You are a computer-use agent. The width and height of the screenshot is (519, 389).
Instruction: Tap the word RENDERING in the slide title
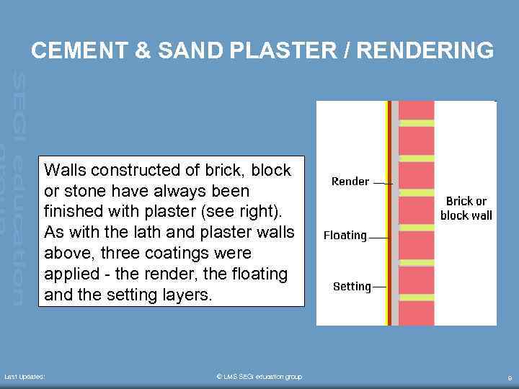[x=425, y=50]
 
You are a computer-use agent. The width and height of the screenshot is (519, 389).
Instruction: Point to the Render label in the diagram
[x=350, y=182]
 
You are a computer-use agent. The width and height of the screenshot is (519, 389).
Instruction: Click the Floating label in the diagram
[x=345, y=236]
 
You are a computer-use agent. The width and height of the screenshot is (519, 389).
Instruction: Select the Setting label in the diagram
[x=351, y=287]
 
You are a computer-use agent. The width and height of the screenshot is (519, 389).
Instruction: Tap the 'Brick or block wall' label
[x=466, y=208]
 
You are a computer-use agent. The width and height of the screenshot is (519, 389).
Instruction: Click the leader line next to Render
[x=383, y=184]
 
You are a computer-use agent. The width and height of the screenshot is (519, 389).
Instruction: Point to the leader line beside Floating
[x=378, y=237]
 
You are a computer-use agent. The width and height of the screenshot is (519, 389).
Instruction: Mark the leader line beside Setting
[x=379, y=287]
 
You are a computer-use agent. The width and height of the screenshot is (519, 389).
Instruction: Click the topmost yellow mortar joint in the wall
[x=417, y=123]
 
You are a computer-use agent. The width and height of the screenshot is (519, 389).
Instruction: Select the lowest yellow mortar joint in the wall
[x=417, y=297]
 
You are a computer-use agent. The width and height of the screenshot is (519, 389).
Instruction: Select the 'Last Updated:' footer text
[x=25, y=377]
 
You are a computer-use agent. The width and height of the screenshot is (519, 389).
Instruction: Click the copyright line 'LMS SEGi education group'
[x=259, y=377]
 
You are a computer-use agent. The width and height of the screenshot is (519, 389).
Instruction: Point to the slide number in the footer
[x=510, y=377]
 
